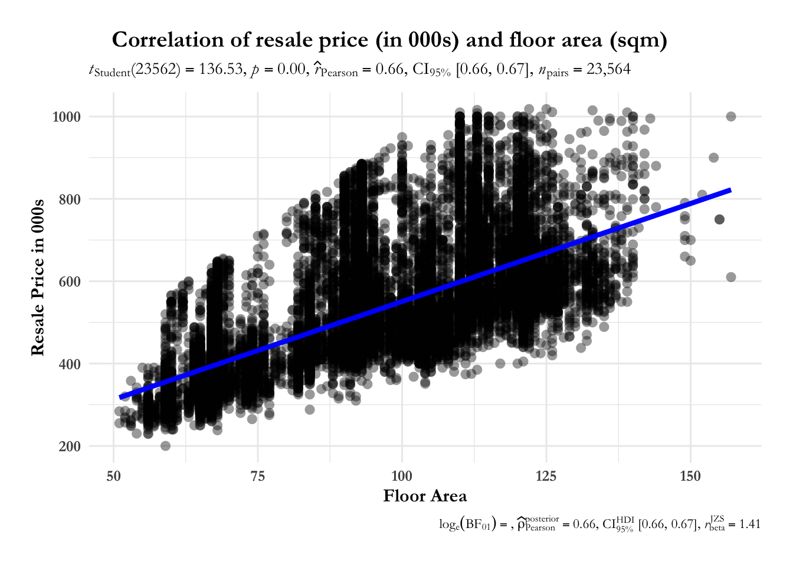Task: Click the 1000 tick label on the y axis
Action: (x=66, y=117)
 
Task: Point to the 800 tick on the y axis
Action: (x=70, y=200)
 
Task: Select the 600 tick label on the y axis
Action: (x=70, y=282)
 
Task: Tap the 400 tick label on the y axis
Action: (x=70, y=364)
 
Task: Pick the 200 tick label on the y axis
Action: (x=70, y=447)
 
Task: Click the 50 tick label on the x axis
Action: (x=113, y=476)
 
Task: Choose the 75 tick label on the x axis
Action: (x=258, y=476)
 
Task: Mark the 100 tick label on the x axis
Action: (x=402, y=476)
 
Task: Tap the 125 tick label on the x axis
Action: (x=546, y=476)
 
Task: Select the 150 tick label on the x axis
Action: (x=690, y=476)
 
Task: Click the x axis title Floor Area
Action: (x=425, y=496)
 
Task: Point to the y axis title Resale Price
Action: (x=38, y=278)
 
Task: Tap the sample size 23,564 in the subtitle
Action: (x=609, y=70)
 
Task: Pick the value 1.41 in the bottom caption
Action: (x=749, y=524)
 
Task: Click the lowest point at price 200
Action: (x=166, y=446)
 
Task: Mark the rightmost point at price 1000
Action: (x=731, y=116)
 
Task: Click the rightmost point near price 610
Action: (x=731, y=277)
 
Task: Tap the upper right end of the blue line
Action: (x=730, y=190)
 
